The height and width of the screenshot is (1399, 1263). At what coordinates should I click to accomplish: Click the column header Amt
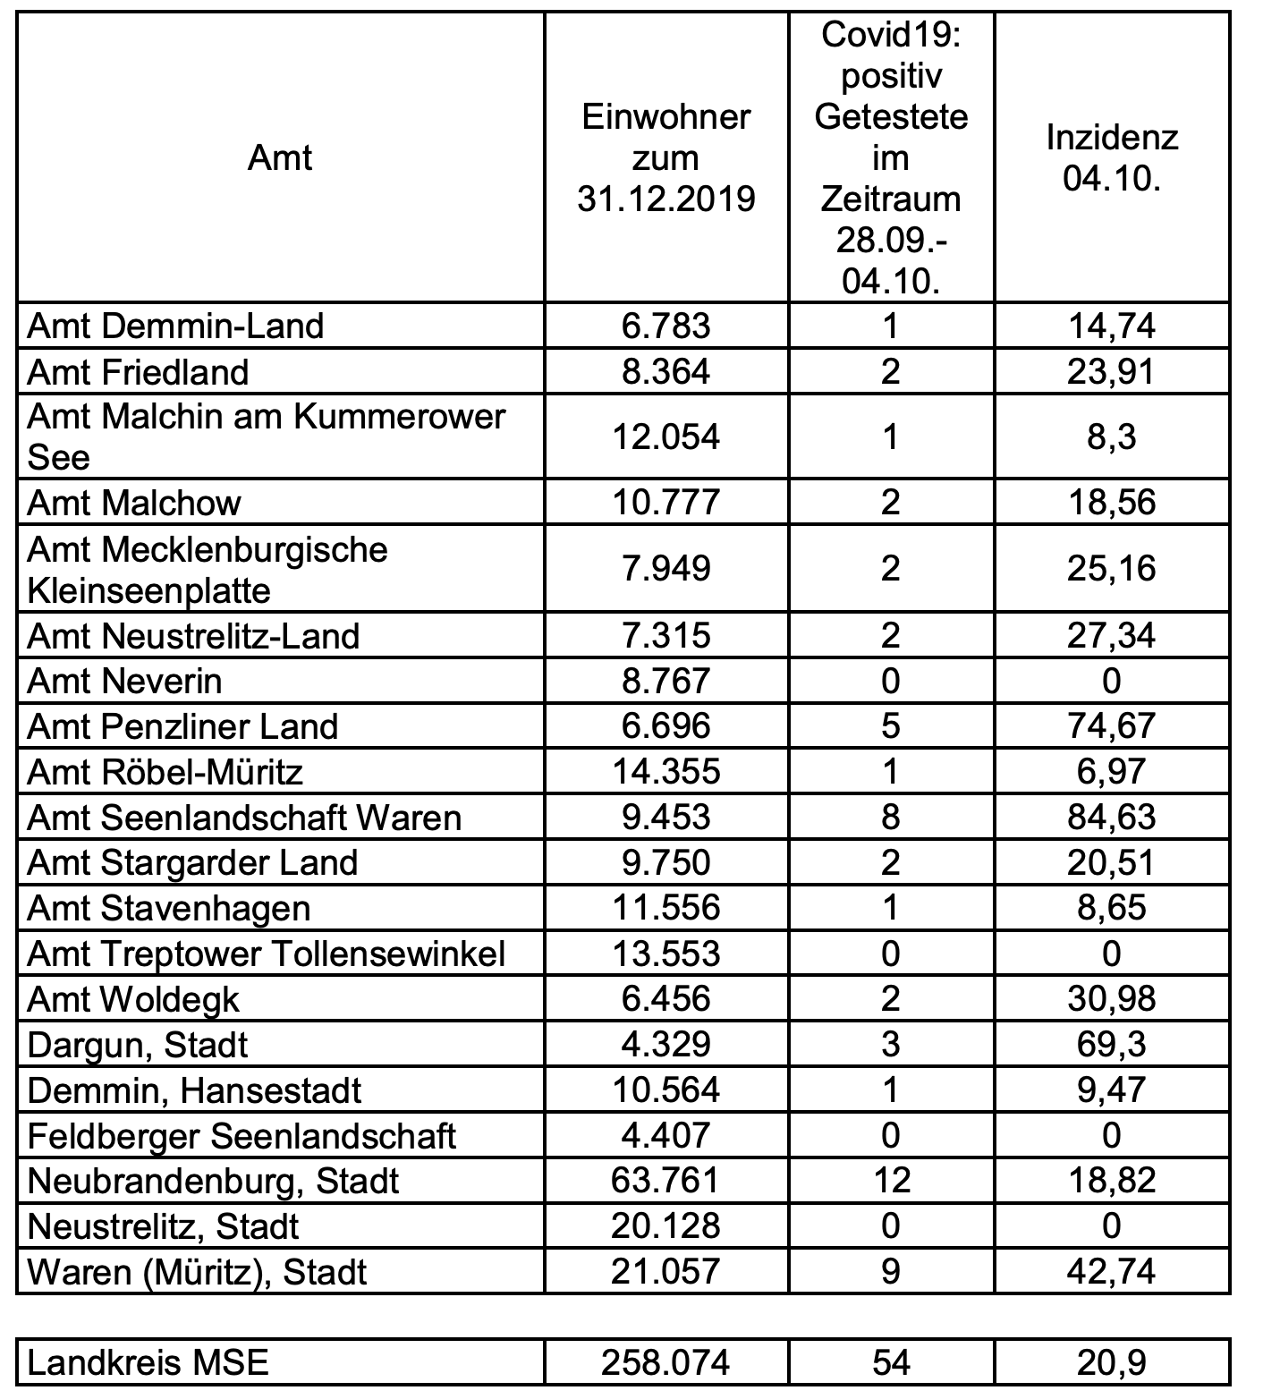coord(280,158)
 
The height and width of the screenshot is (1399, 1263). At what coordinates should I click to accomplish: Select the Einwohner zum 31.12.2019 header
coord(665,158)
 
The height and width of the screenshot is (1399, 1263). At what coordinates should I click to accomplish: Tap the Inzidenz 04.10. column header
coord(1112,158)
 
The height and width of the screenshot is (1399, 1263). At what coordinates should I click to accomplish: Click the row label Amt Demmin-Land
coord(175,326)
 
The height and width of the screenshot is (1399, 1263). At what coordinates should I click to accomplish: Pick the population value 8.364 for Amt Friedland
coord(665,371)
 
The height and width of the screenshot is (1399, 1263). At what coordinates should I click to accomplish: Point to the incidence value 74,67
coord(1112,726)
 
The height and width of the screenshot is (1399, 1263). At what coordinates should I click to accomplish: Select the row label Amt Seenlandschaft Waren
coord(244,818)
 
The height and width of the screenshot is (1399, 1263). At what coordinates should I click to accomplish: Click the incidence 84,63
coord(1112,818)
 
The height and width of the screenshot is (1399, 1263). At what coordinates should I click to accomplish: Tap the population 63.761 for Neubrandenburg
coord(665,1181)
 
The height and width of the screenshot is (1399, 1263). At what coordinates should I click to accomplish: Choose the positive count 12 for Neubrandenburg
coord(890,1181)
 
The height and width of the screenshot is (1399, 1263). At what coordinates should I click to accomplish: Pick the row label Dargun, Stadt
coord(138,1045)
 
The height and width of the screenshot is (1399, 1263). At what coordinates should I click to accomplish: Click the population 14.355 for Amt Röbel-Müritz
coord(665,772)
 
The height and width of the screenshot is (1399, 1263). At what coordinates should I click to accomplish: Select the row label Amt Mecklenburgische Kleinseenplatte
coord(208,570)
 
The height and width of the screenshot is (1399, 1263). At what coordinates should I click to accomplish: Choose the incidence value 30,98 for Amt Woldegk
coord(1112,999)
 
